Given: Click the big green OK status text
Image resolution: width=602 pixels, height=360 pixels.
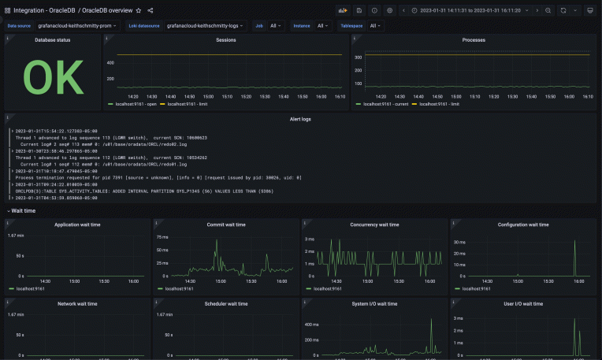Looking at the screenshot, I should click(x=53, y=77).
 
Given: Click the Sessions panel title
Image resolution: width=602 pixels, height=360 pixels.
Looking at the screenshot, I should click(x=225, y=39).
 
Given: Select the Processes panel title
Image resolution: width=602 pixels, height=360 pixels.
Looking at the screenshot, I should click(x=473, y=39).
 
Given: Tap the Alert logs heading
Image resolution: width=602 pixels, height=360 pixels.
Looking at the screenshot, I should click(x=300, y=118).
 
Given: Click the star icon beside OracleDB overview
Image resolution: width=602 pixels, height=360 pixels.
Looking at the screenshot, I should click(x=139, y=10).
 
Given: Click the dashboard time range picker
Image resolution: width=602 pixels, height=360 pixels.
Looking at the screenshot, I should click(x=476, y=10).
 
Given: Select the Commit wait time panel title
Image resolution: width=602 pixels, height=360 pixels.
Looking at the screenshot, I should click(x=225, y=225).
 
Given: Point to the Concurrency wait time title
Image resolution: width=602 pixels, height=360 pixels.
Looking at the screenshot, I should click(x=375, y=225).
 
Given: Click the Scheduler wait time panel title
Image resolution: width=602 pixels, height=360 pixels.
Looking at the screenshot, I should click(x=225, y=302).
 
